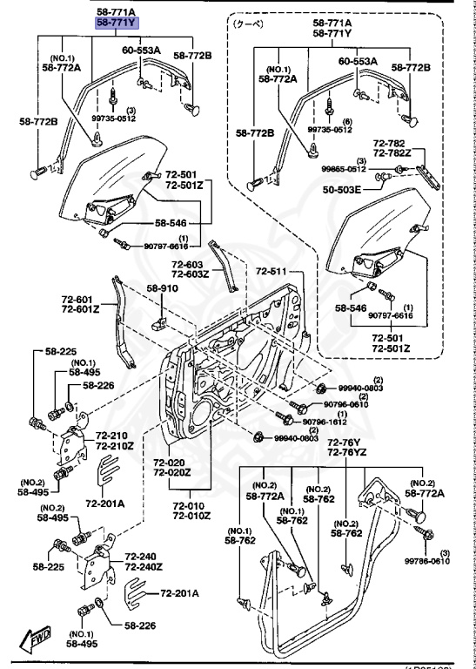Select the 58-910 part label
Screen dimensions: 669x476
[162, 288]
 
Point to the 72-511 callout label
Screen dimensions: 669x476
[271, 272]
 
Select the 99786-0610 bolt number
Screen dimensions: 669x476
[445, 562]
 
